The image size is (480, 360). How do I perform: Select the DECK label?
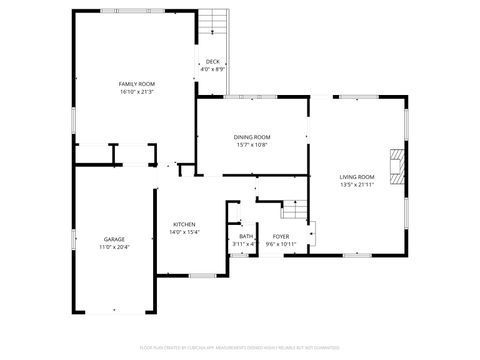click(212, 62)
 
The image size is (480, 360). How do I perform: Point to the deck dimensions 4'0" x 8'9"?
click(212, 69)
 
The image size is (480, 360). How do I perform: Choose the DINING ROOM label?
click(252, 137)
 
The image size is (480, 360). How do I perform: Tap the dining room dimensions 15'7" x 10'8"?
click(252, 144)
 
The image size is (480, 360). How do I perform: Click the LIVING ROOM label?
click(357, 177)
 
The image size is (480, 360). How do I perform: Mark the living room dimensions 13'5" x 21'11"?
click(357, 184)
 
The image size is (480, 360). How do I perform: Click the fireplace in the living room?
click(397, 167)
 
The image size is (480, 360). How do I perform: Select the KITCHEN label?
click(184, 224)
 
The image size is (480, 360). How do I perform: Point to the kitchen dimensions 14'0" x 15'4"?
click(184, 231)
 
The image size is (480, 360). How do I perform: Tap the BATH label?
click(245, 237)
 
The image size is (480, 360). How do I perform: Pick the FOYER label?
click(281, 237)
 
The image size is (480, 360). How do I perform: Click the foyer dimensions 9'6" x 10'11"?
click(281, 244)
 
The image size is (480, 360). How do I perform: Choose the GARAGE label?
click(114, 239)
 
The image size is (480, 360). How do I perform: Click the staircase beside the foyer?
click(292, 210)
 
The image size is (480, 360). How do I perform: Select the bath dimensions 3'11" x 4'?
click(244, 244)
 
